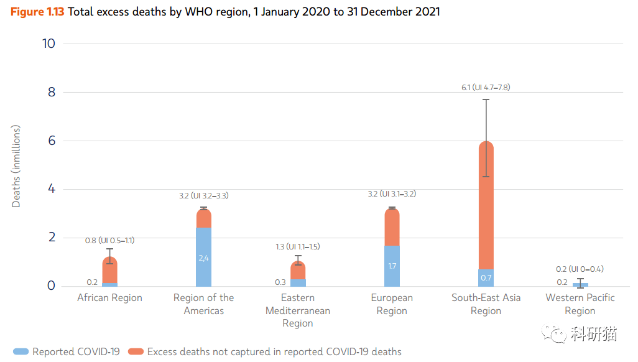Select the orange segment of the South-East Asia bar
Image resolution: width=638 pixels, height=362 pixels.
coord(486,205)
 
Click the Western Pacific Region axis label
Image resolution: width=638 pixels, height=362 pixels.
coord(580,304)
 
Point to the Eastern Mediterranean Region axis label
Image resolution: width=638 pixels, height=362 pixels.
coord(297,310)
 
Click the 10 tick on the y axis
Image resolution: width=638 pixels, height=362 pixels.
coord(49,44)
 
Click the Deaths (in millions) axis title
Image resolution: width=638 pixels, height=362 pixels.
coord(17,166)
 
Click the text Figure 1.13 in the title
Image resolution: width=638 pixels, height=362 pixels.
coord(37,12)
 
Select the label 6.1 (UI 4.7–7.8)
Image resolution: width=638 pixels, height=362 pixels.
coord(485,87)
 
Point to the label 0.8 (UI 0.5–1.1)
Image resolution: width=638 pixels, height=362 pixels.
coord(109,241)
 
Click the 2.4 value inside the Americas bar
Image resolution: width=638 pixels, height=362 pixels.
coord(203,258)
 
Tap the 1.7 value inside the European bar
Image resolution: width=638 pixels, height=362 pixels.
coord(392,266)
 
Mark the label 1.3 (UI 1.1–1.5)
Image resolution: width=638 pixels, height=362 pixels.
coord(297,247)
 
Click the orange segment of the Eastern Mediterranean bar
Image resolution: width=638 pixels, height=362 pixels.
coord(298,271)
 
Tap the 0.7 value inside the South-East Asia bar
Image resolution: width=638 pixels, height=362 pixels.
coord(486,277)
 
